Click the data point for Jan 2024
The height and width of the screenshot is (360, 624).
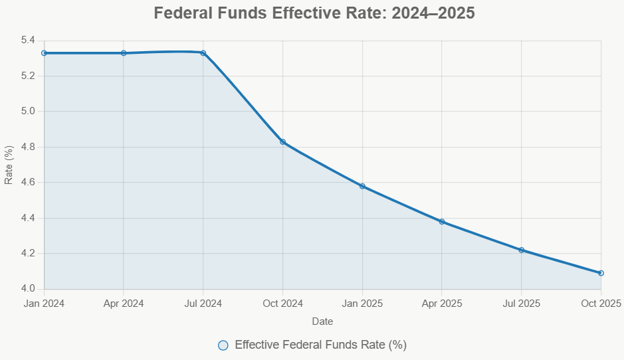[45, 53]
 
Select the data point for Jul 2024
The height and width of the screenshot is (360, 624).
[203, 53]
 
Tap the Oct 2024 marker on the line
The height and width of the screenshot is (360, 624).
[283, 142]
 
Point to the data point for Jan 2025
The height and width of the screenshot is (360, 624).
[362, 186]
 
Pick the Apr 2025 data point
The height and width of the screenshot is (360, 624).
[442, 222]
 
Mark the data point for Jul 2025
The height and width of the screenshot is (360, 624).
[522, 250]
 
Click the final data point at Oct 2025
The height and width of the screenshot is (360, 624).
[601, 273]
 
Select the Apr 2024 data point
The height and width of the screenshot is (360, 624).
[124, 53]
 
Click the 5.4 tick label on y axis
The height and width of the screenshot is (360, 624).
[28, 41]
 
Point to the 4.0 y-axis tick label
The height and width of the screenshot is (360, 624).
[28, 289]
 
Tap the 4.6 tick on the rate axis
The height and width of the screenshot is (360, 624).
[28, 183]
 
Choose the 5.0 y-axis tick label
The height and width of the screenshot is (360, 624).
[28, 112]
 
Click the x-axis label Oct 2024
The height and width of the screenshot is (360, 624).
[283, 304]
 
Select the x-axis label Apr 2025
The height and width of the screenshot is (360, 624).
[442, 304]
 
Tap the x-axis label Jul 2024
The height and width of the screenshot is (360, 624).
[203, 304]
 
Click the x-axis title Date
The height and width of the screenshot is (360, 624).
[322, 321]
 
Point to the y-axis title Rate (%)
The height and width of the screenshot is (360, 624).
[9, 165]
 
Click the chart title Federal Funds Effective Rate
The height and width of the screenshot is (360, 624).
[314, 13]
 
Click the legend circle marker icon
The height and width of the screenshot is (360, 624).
[223, 345]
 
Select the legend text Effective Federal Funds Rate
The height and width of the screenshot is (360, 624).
[320, 345]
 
